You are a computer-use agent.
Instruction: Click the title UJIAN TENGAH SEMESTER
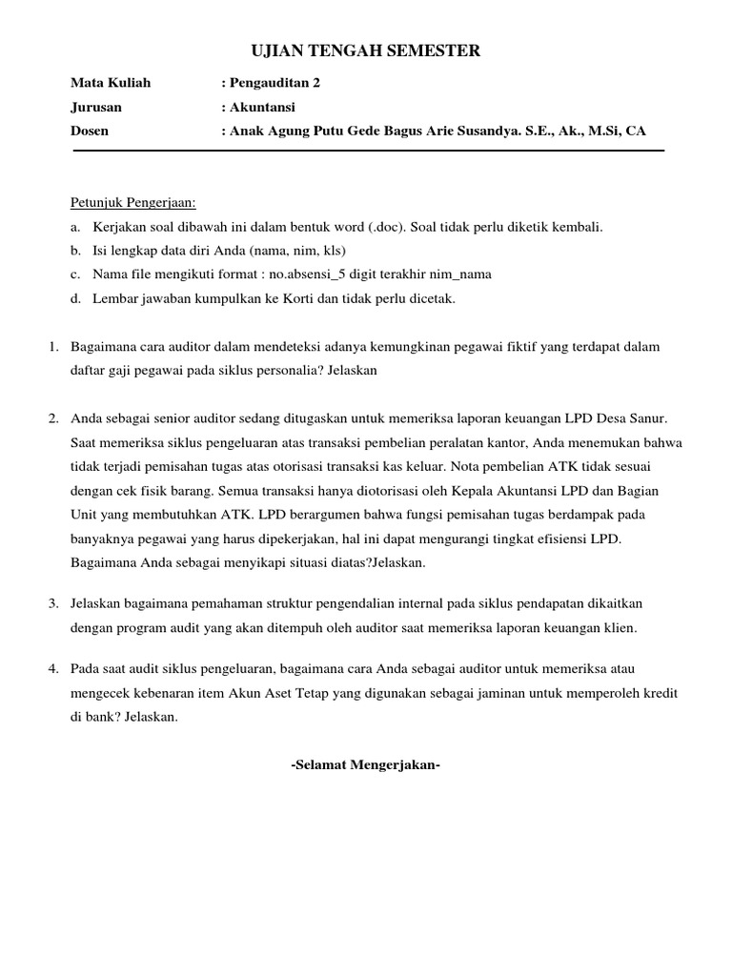pos(365,51)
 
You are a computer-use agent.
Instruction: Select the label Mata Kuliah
pos(111,83)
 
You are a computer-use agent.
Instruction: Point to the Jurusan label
pos(96,107)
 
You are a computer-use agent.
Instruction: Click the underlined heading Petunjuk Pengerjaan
pos(132,203)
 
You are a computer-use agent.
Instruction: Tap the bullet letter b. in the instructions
pos(75,251)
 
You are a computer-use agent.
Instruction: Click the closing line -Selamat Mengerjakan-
pos(365,764)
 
